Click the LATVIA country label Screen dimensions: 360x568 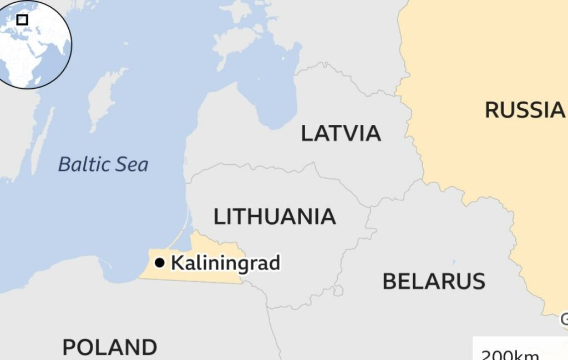[341, 133]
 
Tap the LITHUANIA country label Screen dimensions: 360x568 [275, 216]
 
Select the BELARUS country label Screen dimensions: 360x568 [434, 281]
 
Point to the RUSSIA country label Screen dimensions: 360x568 [524, 109]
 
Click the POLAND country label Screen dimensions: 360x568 [109, 347]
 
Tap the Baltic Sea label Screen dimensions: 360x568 [103, 164]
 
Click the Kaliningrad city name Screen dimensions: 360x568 [225, 262]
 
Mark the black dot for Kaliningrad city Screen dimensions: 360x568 [160, 262]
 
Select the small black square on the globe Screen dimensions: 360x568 [22, 20]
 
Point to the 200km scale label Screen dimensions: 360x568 [509, 354]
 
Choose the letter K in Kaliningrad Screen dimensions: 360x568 [177, 262]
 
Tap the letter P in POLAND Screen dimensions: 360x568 [69, 347]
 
